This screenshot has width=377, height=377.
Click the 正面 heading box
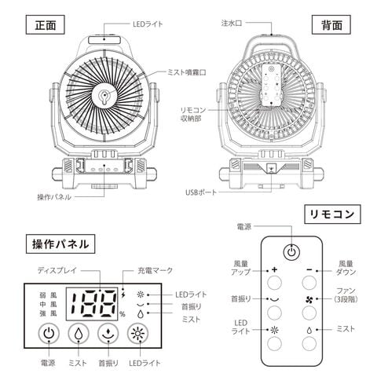[45, 24]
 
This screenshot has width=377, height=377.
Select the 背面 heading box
[331, 24]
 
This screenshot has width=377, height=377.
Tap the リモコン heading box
[332, 214]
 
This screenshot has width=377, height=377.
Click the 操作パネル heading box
[60, 243]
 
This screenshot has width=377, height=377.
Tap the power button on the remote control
[291, 252]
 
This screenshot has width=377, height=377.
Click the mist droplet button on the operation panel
[79, 334]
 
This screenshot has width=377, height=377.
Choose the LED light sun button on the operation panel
[137, 334]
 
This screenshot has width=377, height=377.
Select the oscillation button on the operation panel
[108, 334]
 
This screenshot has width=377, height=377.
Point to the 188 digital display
[92, 304]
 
